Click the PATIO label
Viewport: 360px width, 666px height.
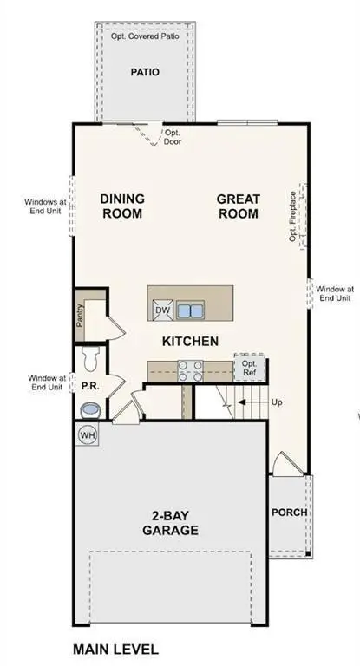click(145, 73)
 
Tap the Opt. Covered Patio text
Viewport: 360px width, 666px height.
click(146, 36)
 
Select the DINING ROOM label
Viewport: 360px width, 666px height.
click(121, 206)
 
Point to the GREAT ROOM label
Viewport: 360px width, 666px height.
click(238, 206)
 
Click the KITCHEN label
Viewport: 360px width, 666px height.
click(190, 342)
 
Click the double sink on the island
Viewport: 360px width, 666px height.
click(190, 310)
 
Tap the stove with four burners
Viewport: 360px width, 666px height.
click(190, 370)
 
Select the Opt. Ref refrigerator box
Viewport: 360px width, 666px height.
click(249, 368)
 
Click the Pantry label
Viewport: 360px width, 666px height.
click(80, 318)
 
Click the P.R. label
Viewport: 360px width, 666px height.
click(88, 382)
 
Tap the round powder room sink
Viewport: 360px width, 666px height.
click(88, 408)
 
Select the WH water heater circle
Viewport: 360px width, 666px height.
click(88, 434)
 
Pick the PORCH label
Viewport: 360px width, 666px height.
click(289, 512)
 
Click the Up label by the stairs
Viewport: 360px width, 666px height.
click(277, 403)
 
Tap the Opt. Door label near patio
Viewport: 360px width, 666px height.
click(173, 137)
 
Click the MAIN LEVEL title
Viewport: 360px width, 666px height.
click(115, 649)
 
